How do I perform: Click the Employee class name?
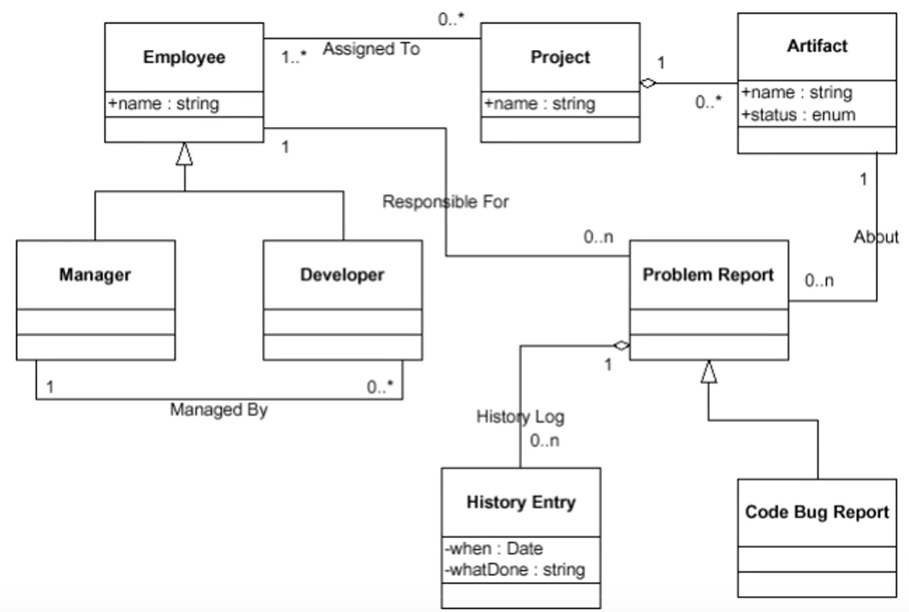[184, 57]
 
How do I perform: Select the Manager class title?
[95, 274]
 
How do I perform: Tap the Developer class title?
[342, 274]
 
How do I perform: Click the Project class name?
[560, 57]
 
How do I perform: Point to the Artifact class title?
[817, 45]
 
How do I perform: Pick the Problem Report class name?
[708, 274]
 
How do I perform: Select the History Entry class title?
[521, 502]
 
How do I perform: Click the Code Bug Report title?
[817, 512]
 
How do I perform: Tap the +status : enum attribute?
[798, 115]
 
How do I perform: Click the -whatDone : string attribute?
[514, 570]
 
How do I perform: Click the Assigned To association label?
[371, 49]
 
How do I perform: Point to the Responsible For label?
[446, 202]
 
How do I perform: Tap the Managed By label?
[218, 410]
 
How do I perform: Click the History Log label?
[521, 417]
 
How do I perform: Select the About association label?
[876, 237]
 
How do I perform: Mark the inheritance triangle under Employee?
[184, 155]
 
